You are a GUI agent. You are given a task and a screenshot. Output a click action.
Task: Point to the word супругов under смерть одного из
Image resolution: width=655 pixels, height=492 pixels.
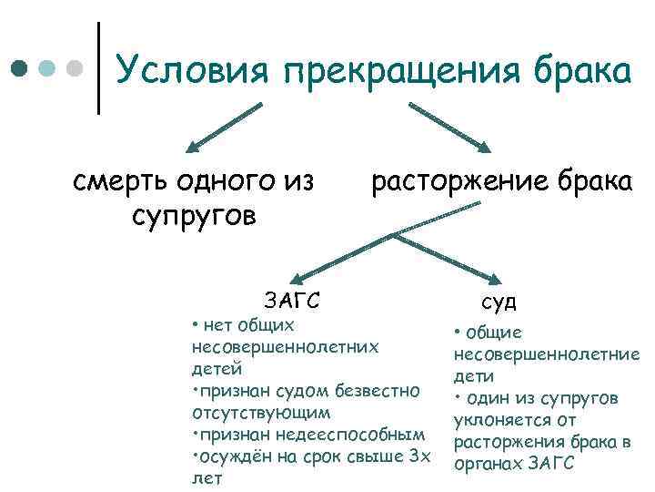[x=194, y=217]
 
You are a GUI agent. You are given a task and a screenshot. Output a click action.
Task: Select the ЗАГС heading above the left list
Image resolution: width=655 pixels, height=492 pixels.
[x=290, y=299]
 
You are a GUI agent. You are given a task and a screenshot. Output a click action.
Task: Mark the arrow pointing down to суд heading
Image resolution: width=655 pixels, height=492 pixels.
[x=450, y=259]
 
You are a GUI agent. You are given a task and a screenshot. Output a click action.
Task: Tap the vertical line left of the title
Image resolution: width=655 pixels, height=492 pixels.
[x=98, y=68]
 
